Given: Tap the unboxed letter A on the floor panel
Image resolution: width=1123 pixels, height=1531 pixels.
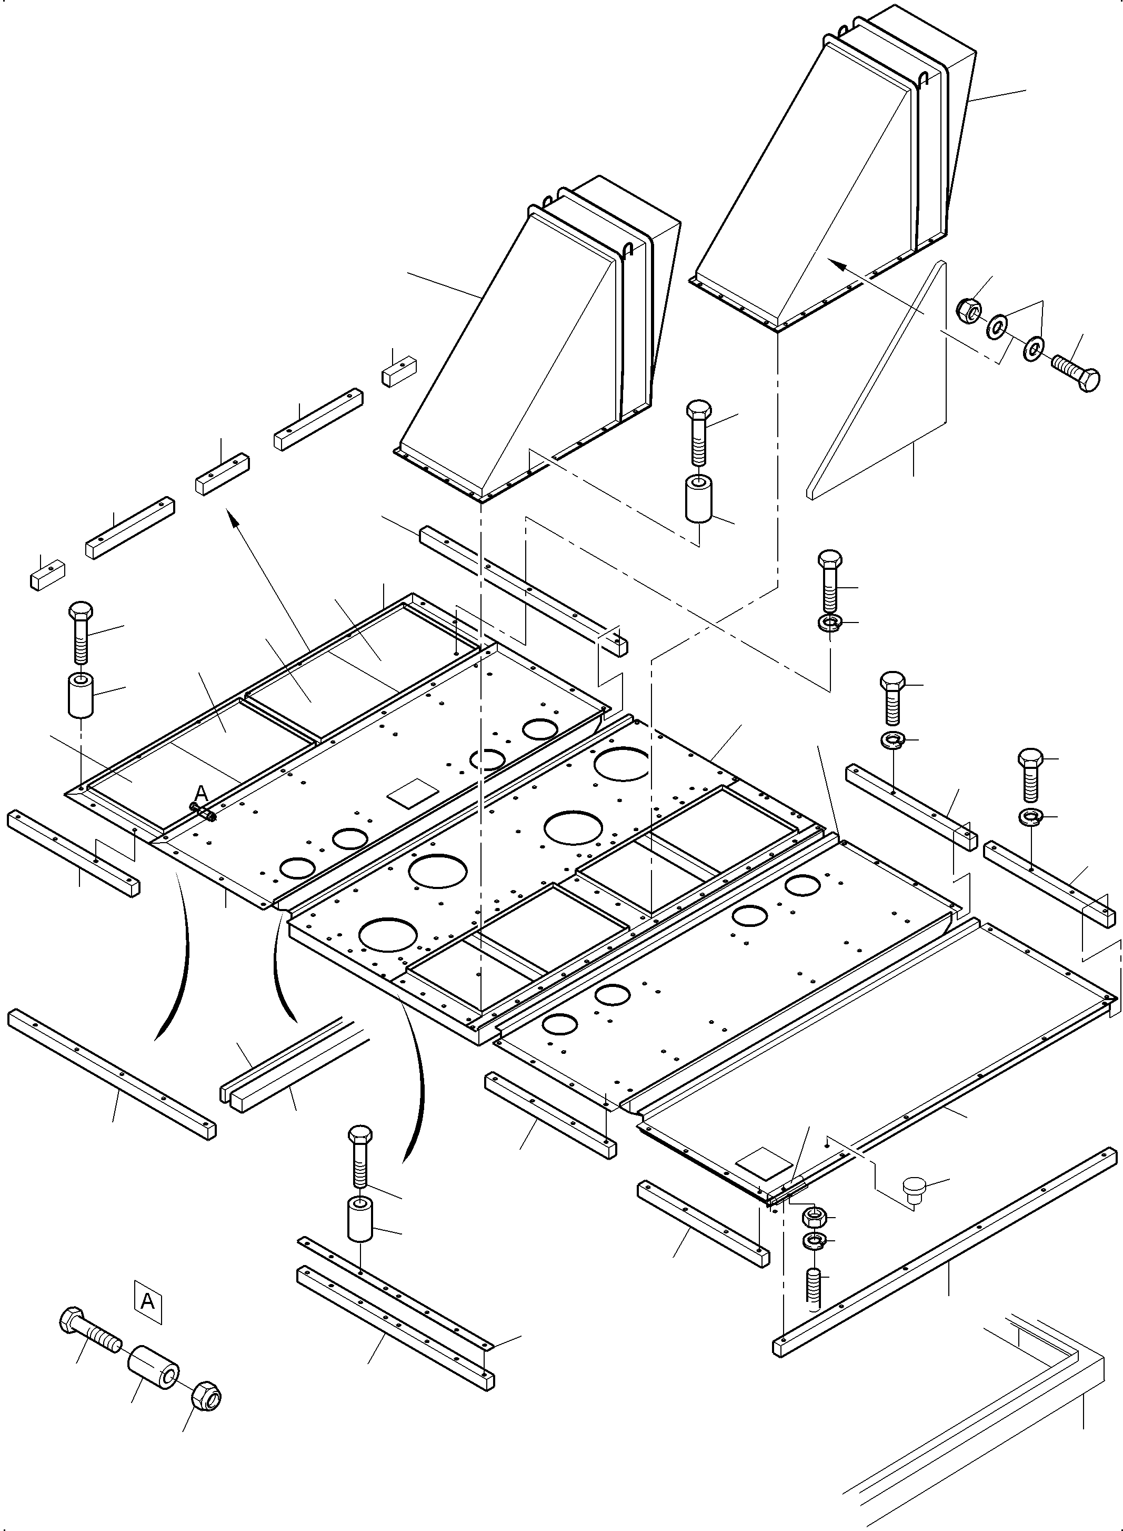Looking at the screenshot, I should (x=201, y=793).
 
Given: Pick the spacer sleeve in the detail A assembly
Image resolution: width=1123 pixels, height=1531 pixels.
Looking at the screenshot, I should (x=153, y=1365).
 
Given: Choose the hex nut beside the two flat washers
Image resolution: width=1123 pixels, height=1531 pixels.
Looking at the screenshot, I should (x=969, y=310).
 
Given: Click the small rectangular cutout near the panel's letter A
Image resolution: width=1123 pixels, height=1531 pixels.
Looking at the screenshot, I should (x=412, y=793).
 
